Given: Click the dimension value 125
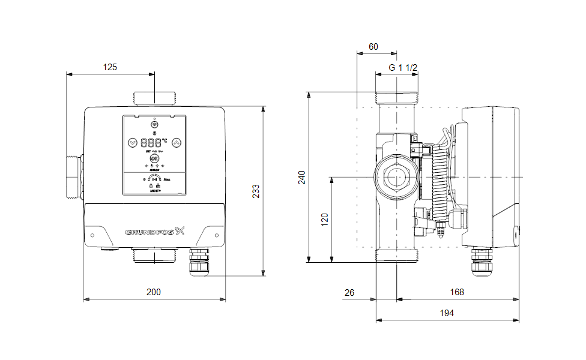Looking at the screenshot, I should coord(110,67).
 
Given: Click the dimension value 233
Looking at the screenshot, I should coord(255,191).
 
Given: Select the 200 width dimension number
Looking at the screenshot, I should coord(154,292).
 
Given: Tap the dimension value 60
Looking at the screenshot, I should coord(373,46).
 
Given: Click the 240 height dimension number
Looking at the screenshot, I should coord(302,178).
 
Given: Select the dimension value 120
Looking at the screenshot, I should coord(325,220).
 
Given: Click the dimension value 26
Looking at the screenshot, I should coord(350,292).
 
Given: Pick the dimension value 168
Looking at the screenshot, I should coord(457,292).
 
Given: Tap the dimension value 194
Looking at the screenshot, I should coord(447,313).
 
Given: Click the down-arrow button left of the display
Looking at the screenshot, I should coord(133,143).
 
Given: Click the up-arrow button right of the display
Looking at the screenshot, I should coord(177,143).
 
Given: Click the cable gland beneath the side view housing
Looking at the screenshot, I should coord(482,264).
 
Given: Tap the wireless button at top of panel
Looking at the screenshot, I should coord(154,120).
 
